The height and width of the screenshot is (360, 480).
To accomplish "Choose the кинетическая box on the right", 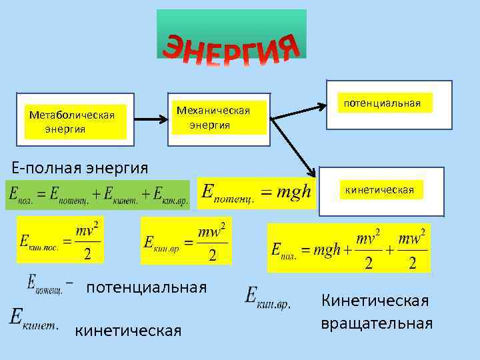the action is pyautogui.click(x=380, y=190).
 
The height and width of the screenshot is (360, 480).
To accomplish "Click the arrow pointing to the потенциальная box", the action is pyautogui.click(x=304, y=110).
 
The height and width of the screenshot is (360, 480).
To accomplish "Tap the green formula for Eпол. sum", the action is pyautogui.click(x=97, y=194).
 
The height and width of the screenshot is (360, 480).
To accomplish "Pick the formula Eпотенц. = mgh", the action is pyautogui.click(x=257, y=193).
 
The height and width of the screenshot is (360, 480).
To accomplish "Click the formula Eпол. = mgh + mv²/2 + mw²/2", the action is pyautogui.click(x=348, y=249).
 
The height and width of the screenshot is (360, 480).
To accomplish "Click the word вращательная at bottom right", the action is pyautogui.click(x=377, y=323).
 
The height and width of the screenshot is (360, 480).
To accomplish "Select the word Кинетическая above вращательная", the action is pyautogui.click(x=375, y=301).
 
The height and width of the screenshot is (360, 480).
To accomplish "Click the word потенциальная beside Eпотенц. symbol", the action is pyautogui.click(x=147, y=287).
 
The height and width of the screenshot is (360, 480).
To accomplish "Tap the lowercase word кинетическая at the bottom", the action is pyautogui.click(x=128, y=331).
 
